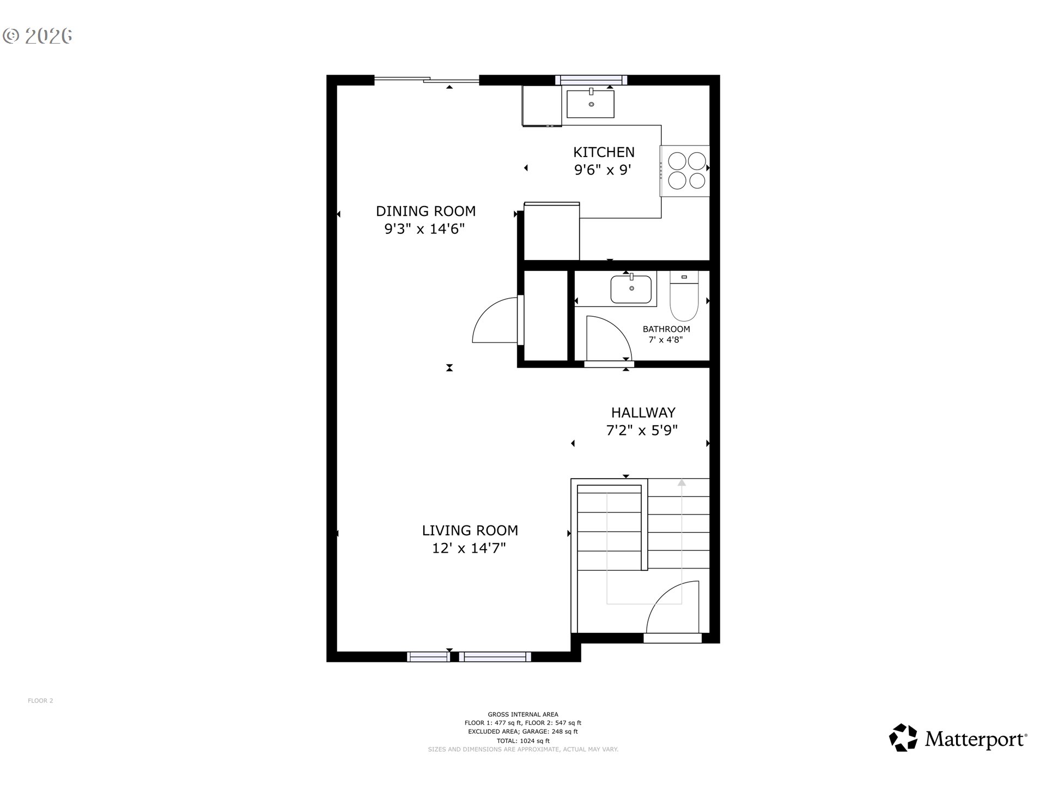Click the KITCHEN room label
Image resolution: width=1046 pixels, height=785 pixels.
point(604,152)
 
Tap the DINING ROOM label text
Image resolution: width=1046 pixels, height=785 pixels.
point(425,211)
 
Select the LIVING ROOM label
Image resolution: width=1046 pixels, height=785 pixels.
point(470,530)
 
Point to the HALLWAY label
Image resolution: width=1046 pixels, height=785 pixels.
point(643,413)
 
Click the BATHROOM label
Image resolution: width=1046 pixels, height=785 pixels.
point(666,329)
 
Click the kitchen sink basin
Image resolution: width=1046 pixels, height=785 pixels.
point(591,104)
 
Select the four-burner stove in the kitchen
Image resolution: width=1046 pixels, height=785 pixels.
point(685,171)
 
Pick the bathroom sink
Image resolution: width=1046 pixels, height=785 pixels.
point(631,289)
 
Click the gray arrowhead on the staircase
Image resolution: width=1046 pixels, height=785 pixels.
point(682,482)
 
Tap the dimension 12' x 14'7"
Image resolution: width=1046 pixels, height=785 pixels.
point(469,548)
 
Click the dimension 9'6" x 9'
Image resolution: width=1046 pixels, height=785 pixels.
point(603,170)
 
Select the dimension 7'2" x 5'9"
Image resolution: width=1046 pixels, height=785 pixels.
point(642,431)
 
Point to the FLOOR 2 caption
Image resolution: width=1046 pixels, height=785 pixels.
point(40,701)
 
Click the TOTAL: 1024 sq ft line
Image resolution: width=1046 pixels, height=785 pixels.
point(523,741)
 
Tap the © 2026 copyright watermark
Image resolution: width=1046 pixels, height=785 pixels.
point(38,36)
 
